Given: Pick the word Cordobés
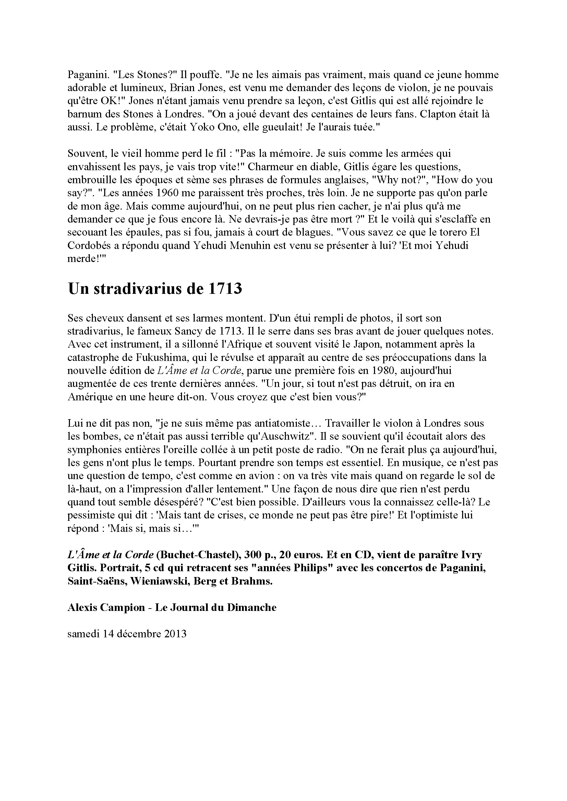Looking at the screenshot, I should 90,246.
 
